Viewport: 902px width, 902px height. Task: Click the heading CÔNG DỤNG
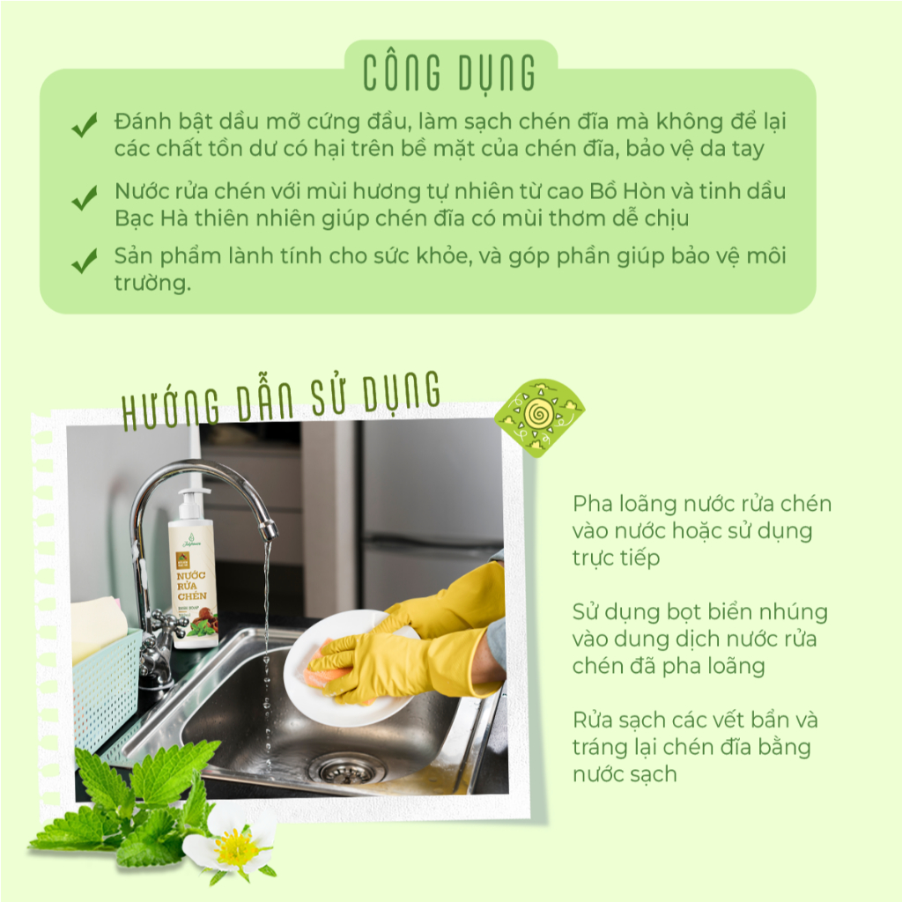pos(449,74)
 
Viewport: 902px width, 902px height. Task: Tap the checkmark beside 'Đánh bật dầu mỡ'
pos(85,125)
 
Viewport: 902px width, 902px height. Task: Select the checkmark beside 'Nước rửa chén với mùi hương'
pos(85,198)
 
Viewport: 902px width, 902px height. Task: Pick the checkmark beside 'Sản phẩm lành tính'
pos(85,261)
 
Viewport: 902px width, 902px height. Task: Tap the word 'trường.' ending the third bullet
pos(152,283)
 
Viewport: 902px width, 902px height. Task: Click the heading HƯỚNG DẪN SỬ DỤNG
pos(281,400)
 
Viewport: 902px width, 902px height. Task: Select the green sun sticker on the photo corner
pos(539,417)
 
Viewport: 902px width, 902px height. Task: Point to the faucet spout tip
pos(268,530)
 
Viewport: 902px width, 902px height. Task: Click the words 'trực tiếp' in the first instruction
pos(616,558)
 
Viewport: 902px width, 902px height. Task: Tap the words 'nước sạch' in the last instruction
pos(625,774)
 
